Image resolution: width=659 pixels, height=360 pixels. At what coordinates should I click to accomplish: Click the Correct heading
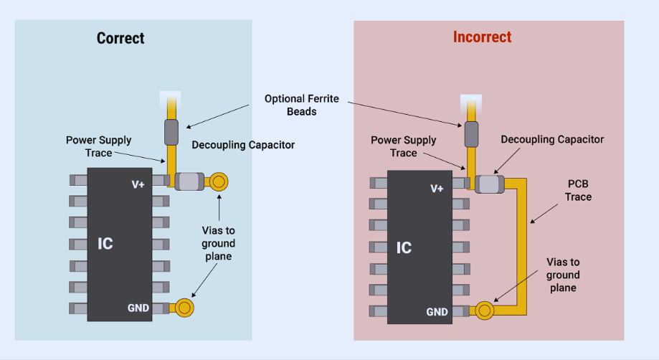click(x=120, y=38)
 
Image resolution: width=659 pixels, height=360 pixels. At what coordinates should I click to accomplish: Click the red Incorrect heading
click(x=482, y=37)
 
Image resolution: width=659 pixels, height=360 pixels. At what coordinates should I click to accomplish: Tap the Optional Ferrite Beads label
click(x=301, y=105)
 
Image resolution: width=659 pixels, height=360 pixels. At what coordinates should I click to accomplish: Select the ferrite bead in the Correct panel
click(x=171, y=132)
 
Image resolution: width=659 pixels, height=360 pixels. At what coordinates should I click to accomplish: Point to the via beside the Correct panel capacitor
click(x=219, y=181)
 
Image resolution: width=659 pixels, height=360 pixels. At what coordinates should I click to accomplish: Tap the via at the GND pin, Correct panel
click(x=184, y=308)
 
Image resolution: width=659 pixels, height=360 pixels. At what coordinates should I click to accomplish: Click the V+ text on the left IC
click(x=138, y=184)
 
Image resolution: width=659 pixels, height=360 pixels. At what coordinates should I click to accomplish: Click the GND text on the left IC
click(x=138, y=308)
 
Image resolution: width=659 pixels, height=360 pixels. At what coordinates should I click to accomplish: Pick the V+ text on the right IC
click(x=437, y=188)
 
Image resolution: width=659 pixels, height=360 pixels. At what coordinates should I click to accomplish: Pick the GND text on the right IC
click(x=437, y=312)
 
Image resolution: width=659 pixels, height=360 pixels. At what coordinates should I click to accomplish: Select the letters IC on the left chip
click(x=105, y=244)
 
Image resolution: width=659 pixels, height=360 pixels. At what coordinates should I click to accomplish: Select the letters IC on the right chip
click(x=404, y=247)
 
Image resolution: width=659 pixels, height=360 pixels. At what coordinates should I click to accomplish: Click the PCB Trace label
click(x=578, y=191)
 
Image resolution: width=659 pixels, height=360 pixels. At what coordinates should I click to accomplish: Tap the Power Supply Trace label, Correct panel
click(x=99, y=146)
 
